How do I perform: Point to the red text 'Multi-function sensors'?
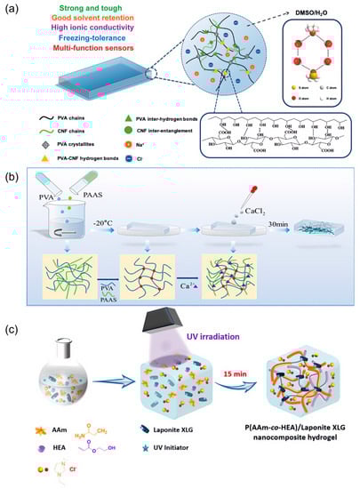(79, 51)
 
